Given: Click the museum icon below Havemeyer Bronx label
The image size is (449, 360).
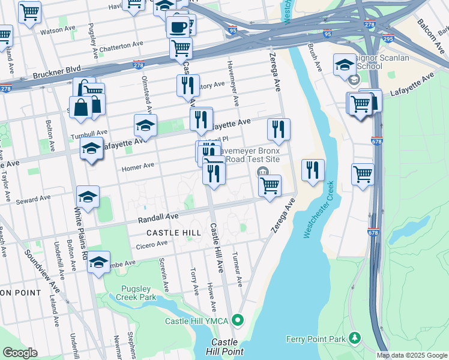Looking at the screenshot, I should click(x=262, y=173).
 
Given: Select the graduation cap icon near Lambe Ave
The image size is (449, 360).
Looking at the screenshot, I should click(x=98, y=262).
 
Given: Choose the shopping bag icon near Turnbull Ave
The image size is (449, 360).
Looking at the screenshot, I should click(x=80, y=109).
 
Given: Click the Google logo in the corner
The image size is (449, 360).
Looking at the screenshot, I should click(x=20, y=353).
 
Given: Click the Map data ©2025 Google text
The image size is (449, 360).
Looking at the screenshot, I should click(x=412, y=355).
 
